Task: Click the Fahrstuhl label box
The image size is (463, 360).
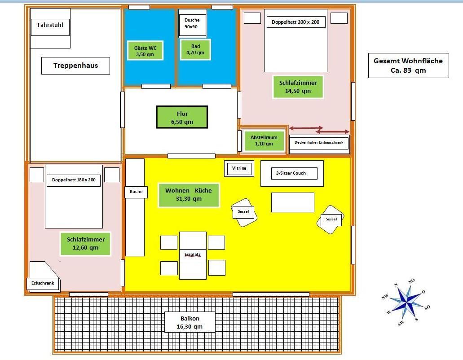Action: point(50,27)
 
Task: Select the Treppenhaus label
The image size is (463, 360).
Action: point(75,66)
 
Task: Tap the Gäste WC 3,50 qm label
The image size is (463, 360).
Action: point(145,51)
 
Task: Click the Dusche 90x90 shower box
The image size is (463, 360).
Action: point(192,23)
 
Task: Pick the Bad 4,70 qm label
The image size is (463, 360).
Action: point(195,49)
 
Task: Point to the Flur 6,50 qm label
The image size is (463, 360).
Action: point(182,118)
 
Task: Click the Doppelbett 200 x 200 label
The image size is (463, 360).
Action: point(296,22)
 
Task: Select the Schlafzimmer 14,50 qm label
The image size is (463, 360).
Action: point(298,87)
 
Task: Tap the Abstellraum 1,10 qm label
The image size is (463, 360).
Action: point(264,141)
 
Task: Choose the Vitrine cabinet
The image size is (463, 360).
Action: point(239,168)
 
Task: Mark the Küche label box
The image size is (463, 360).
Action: point(136,192)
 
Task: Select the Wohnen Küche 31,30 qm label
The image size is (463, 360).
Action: point(189,195)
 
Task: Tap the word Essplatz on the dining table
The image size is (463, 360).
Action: point(193,255)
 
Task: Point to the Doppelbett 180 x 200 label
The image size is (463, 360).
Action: point(74,180)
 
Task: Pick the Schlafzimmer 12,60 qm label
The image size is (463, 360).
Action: point(86,244)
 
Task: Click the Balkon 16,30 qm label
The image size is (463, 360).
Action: point(190,322)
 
